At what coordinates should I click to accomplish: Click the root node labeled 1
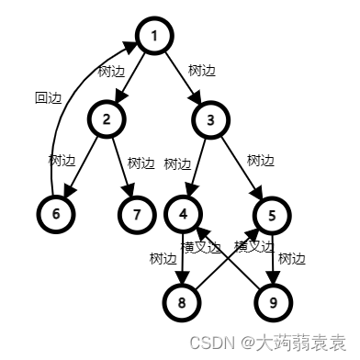tap(155, 37)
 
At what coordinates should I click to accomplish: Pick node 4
tap(184, 214)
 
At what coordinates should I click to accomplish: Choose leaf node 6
tap(56, 213)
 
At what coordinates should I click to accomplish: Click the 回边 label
tap(48, 97)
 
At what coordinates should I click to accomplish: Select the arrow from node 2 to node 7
tap(122, 169)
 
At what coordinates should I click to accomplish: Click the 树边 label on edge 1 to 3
tap(202, 70)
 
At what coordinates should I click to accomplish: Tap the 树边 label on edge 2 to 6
tap(62, 160)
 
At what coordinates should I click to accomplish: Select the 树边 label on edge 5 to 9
tap(291, 258)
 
